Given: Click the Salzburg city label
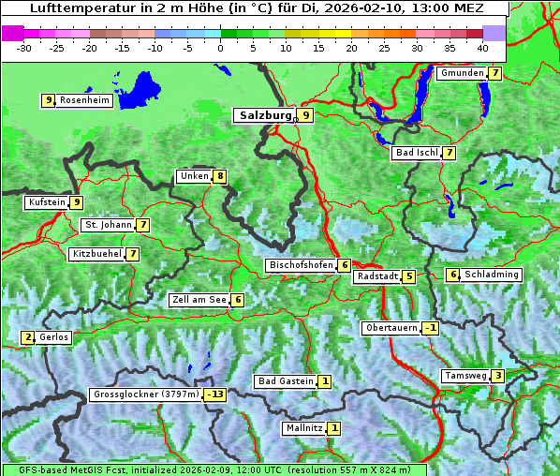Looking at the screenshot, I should (265, 115).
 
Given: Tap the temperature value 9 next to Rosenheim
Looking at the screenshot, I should (48, 100).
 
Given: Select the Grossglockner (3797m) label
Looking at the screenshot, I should (146, 395).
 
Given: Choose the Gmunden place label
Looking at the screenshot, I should (462, 73).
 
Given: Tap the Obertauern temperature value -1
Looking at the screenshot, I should (430, 328).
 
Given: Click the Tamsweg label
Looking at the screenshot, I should (465, 376).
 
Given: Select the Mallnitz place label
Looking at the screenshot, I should (303, 428).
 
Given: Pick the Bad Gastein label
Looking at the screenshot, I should (286, 381).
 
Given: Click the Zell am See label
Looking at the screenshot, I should (199, 300).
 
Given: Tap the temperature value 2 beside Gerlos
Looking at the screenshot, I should (28, 337).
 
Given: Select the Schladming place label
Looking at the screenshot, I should (492, 275).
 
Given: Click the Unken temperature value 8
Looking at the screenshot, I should (220, 176).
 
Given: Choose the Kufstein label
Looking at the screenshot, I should (47, 202).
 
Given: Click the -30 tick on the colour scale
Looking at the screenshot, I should (25, 47).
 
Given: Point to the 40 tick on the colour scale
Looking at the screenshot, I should (482, 47).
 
